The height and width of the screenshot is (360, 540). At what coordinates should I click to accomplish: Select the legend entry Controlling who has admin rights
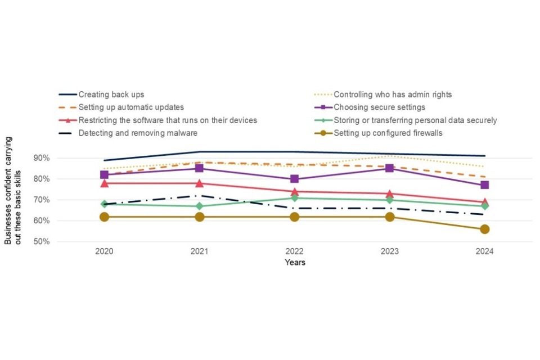[393, 94]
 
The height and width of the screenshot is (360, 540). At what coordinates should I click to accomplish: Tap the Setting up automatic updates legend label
[131, 107]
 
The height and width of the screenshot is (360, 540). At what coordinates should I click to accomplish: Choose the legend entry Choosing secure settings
[379, 107]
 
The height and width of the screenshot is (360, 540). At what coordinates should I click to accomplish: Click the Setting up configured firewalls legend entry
[388, 133]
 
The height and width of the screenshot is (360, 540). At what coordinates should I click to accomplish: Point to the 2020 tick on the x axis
[104, 251]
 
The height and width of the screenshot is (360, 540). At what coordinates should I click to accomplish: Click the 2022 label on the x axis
[294, 251]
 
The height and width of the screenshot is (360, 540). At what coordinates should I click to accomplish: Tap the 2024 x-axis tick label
[484, 251]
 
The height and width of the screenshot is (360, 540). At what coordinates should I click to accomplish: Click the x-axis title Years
[295, 262]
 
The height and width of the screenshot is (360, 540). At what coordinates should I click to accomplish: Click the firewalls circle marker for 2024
[484, 229]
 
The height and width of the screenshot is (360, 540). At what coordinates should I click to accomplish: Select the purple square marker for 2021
[199, 168]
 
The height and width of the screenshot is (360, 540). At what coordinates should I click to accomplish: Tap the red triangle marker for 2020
[104, 183]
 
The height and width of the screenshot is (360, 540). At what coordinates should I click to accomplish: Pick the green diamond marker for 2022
[294, 198]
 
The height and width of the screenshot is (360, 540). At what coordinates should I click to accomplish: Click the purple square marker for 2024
[484, 185]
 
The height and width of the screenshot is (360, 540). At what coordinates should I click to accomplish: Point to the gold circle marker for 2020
[104, 217]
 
